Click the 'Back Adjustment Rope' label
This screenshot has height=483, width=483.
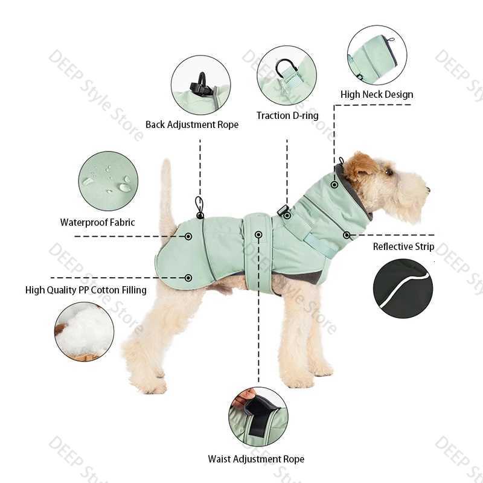coord(192,125)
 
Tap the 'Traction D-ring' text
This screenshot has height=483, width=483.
coord(287,115)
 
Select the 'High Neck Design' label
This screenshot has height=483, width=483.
coord(377,94)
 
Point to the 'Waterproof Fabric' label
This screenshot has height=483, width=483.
coord(98,222)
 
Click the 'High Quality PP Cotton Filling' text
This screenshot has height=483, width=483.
coord(86,290)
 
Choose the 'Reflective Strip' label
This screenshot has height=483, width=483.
coord(403,246)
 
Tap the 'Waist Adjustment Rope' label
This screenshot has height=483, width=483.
coord(256,459)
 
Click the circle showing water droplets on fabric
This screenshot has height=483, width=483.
coord(108,181)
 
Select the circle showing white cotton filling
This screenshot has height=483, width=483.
coord(84,331)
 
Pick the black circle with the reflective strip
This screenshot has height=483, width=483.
coord(403,289)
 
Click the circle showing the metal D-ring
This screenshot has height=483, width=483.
coord(286,75)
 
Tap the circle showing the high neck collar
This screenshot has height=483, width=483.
coord(377,55)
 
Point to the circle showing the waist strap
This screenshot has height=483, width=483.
coord(258,417)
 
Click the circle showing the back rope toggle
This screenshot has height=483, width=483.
coord(200,85)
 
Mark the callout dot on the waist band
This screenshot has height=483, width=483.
coord(258,234)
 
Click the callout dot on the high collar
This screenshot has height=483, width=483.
coord(334,185)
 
